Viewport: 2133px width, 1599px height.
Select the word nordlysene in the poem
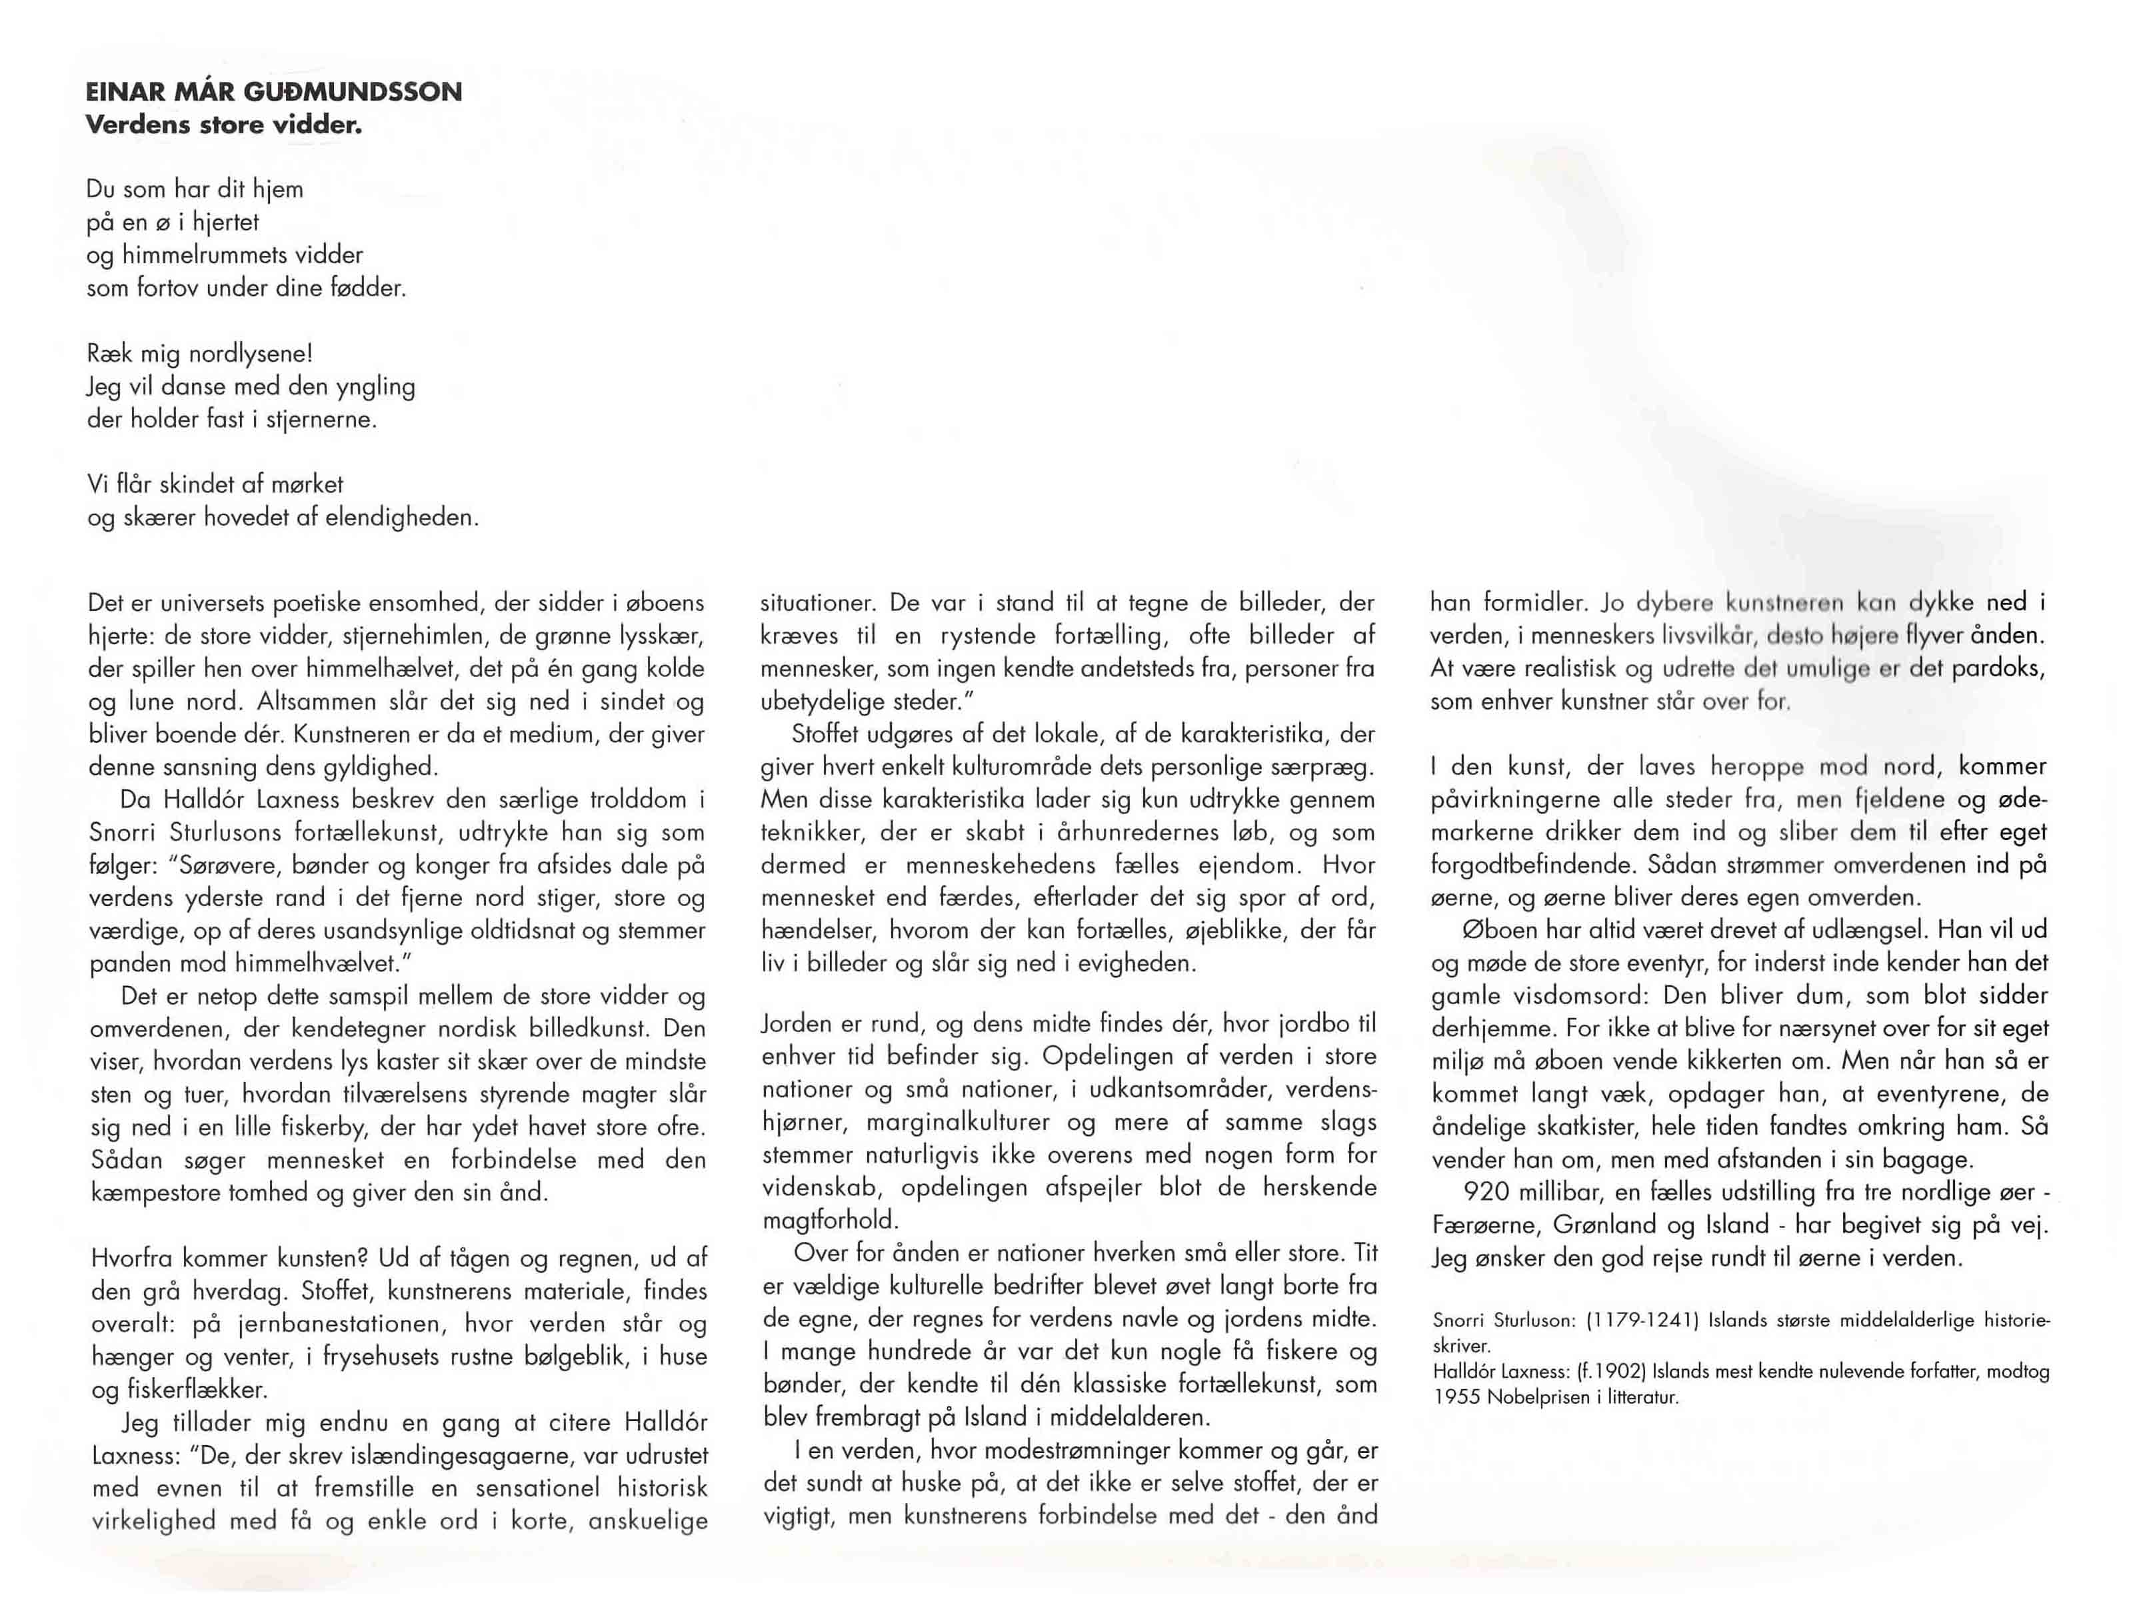[x=249, y=354]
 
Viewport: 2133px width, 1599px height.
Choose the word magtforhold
[x=829, y=1220]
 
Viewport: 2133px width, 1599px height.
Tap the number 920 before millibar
[x=1486, y=1193]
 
